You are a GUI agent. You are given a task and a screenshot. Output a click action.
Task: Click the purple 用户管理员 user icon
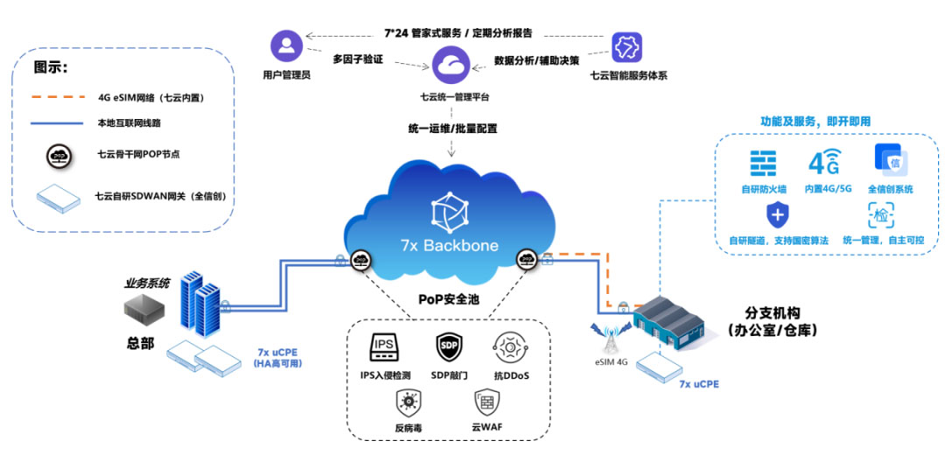click(x=287, y=45)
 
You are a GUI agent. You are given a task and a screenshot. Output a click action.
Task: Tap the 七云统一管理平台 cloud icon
click(x=452, y=64)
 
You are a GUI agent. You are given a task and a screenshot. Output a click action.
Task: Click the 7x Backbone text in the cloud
click(x=449, y=245)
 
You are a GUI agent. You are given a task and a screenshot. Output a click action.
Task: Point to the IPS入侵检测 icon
click(x=385, y=346)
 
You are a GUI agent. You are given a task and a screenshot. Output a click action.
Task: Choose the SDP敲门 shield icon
click(x=449, y=347)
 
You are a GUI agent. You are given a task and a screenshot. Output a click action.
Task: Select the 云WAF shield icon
click(x=486, y=402)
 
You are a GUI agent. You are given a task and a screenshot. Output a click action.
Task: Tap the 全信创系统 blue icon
click(x=890, y=161)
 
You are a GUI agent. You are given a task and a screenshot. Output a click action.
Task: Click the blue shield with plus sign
click(x=778, y=214)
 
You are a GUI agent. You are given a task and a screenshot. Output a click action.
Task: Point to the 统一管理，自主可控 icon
click(x=880, y=214)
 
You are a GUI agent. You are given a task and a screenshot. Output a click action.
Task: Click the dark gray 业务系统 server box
click(x=144, y=309)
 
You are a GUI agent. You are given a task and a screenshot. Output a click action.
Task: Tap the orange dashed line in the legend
click(x=57, y=97)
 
